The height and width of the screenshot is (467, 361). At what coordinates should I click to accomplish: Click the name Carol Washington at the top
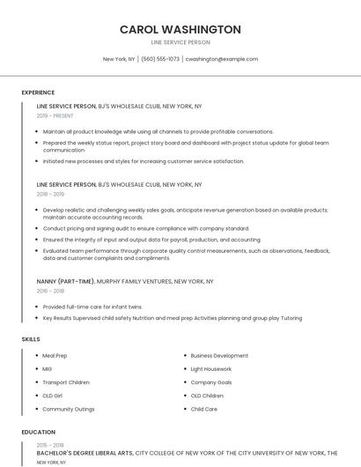(180, 29)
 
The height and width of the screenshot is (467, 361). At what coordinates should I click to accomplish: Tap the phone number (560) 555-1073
(160, 59)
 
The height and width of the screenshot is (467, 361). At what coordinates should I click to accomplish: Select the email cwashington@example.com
(222, 59)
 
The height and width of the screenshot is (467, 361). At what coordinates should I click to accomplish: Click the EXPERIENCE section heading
(38, 93)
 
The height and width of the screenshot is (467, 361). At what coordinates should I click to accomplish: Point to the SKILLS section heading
(31, 339)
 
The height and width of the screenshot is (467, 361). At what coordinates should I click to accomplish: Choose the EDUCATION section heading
(38, 433)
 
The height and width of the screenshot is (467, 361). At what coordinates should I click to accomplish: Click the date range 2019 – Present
(55, 115)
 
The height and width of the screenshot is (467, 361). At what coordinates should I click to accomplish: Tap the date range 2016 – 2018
(50, 290)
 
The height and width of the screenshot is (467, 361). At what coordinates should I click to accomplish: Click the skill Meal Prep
(55, 356)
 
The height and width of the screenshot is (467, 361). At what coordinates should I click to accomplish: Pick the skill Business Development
(219, 356)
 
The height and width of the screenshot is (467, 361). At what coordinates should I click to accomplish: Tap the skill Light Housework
(211, 369)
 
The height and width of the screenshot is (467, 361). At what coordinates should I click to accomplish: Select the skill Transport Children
(66, 382)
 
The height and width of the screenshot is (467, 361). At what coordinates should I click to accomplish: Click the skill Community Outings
(69, 409)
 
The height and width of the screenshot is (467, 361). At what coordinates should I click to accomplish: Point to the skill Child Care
(204, 409)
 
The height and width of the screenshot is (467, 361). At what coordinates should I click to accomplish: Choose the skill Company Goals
(211, 382)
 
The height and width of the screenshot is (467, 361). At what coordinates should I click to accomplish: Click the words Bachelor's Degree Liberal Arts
(85, 453)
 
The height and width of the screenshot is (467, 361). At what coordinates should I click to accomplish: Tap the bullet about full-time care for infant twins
(92, 307)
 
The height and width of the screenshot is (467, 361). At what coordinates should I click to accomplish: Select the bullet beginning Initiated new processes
(144, 161)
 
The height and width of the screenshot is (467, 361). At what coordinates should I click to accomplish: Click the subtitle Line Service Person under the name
(180, 42)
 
